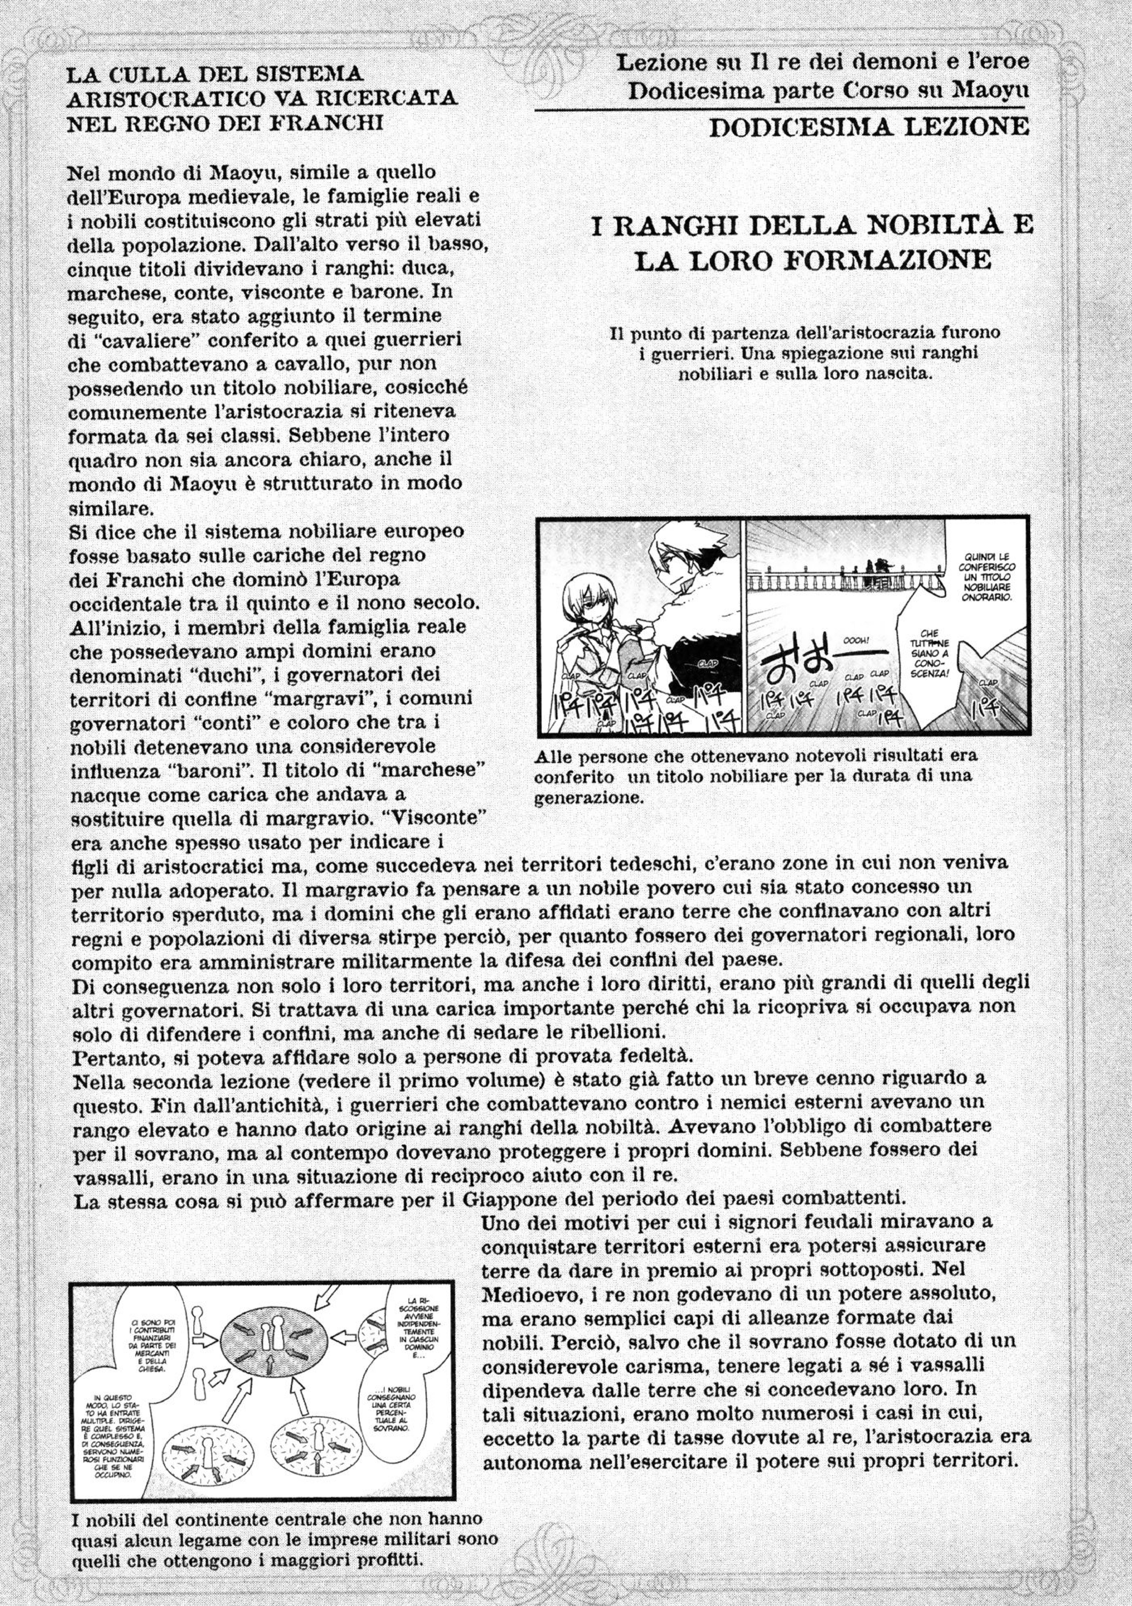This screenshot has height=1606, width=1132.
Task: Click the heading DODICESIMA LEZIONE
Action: coord(868,127)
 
